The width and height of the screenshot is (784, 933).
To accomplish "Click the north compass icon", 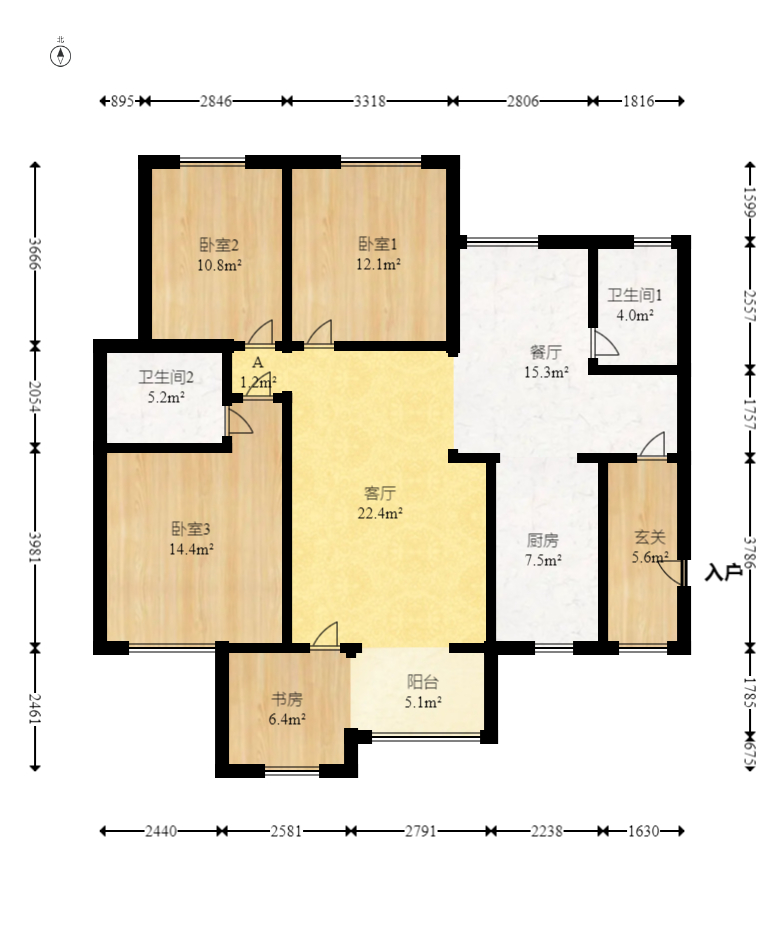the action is tap(60, 56).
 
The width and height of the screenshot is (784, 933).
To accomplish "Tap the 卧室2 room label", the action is tap(219, 245).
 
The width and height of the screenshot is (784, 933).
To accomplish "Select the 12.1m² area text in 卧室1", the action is tap(378, 264).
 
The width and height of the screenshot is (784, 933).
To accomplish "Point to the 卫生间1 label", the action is tap(634, 295).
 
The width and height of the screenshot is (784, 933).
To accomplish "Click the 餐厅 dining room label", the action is tap(545, 352).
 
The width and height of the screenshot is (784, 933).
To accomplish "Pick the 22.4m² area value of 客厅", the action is tap(380, 512).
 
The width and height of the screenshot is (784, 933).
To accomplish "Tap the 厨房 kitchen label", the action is tap(542, 540).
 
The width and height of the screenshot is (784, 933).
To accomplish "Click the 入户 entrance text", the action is tap(723, 572).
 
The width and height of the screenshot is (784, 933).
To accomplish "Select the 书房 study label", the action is tap(287, 699).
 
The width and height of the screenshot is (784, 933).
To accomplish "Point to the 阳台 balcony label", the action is tap(422, 682).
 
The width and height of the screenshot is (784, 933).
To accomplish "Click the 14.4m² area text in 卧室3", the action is tap(191, 549).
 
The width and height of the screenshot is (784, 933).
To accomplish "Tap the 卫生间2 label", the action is tap(166, 377).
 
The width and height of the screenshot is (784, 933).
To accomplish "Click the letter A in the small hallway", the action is tap(258, 362).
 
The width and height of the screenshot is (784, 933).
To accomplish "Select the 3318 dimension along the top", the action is tap(370, 101).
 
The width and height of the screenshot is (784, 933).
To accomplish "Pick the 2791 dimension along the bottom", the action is tap(421, 831).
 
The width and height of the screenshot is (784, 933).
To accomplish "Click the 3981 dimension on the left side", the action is tap(35, 547).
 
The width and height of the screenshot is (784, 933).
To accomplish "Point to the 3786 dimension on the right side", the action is tap(750, 553).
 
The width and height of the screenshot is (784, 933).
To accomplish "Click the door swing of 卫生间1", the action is tap(606, 343).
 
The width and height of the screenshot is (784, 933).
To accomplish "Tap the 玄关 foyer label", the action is tap(650, 537).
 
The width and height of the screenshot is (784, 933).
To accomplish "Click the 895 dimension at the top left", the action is tap(122, 101).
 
